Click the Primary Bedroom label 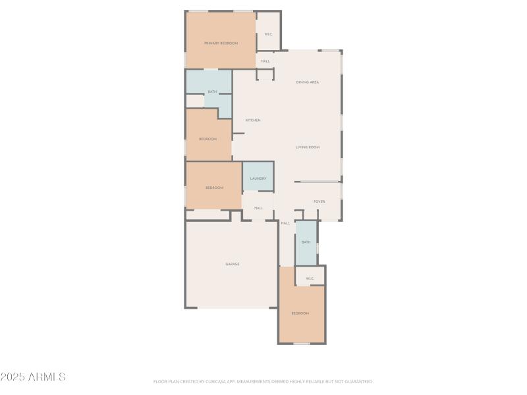(221, 43)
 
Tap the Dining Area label (308, 82)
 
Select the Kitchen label (253, 120)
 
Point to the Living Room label (308, 147)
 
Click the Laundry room (258, 178)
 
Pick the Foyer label (319, 201)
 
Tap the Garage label (233, 264)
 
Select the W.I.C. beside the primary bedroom (269, 34)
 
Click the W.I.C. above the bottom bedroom (310, 278)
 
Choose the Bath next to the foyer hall (306, 242)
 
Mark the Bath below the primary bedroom (212, 92)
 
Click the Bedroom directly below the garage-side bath (300, 313)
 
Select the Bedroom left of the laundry (214, 188)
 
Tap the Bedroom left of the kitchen (208, 139)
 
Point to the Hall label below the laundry (259, 208)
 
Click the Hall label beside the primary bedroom (265, 61)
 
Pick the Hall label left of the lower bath (286, 223)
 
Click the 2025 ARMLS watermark (33, 377)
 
